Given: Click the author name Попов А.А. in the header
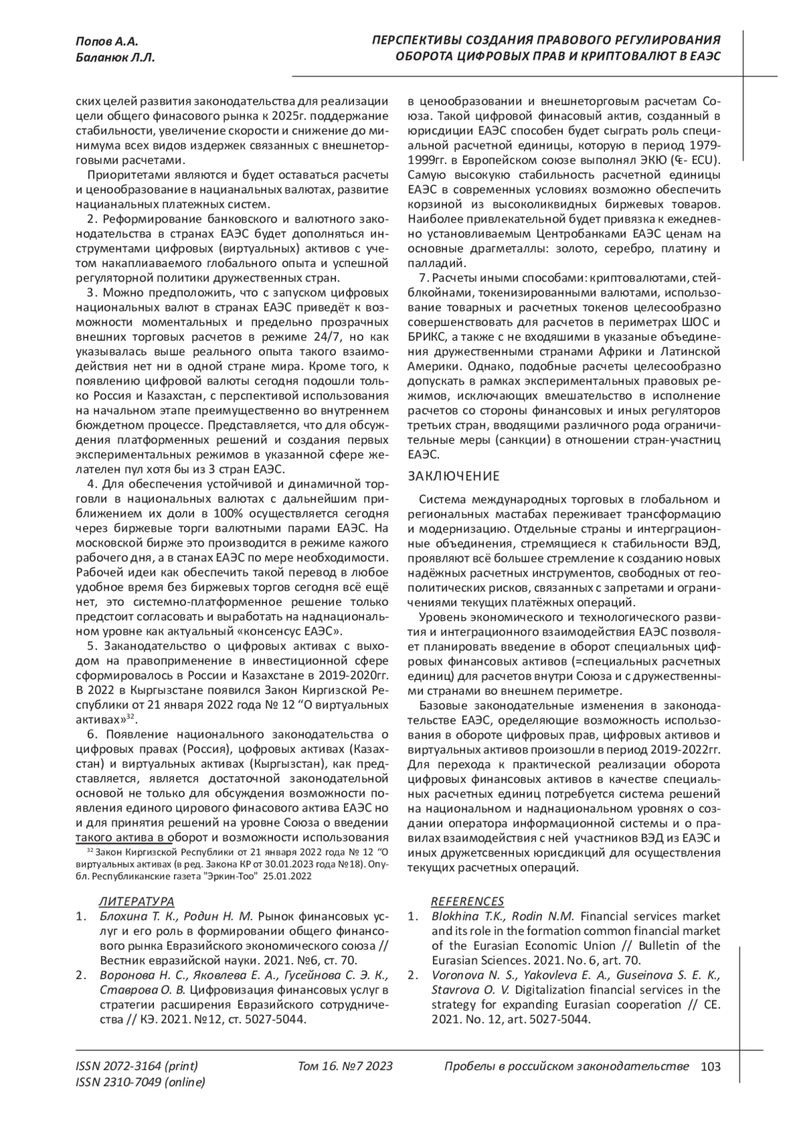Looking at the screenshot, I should click(x=107, y=41).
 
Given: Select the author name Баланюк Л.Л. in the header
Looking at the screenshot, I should click(x=115, y=58).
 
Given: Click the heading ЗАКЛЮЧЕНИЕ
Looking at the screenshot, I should click(x=453, y=476).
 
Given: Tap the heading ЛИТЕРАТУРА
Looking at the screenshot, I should click(x=136, y=901).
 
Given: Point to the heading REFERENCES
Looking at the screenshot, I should click(x=467, y=901).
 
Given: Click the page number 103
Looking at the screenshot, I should click(x=710, y=1067).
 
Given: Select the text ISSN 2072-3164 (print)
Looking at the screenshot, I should click(x=137, y=1067).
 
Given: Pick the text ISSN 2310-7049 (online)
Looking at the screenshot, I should click(x=141, y=1083).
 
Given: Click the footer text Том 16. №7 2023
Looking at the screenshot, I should click(x=345, y=1067).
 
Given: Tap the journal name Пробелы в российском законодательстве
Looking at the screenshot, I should click(x=565, y=1067).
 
